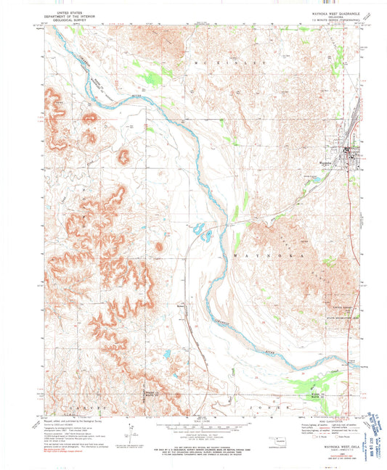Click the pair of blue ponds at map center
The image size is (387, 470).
click(x=201, y=234)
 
